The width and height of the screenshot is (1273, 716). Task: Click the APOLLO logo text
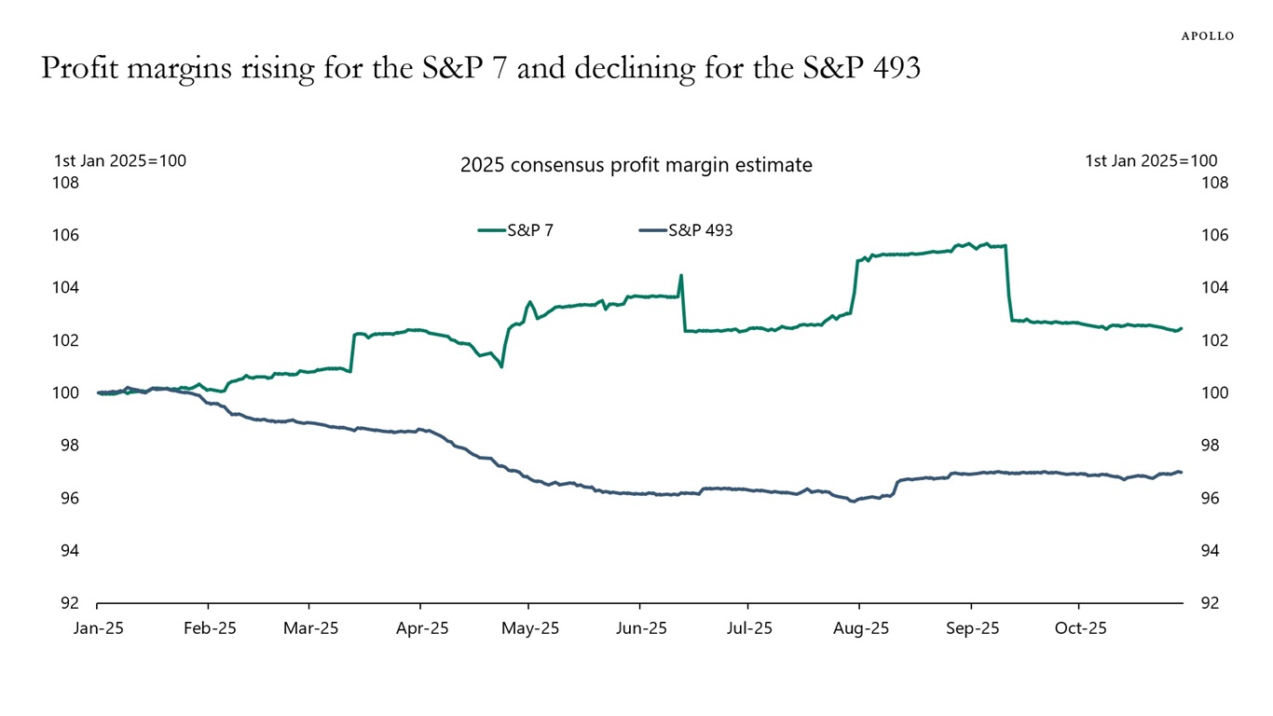1207,35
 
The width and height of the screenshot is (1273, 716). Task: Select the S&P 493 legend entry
700,229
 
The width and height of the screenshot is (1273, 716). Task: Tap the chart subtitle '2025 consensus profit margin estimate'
636,165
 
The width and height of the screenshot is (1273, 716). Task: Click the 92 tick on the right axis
1209,603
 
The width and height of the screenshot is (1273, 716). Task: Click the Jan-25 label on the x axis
98,628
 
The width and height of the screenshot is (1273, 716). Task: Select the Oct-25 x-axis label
1080,628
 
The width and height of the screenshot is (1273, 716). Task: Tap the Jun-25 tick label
641,628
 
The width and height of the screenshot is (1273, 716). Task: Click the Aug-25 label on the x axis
861,628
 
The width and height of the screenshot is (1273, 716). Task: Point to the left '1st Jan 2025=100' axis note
120,160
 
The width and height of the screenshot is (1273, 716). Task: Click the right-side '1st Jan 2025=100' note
1151,160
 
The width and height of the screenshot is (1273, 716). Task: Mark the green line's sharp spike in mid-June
681,276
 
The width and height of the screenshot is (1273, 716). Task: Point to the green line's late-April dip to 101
501,365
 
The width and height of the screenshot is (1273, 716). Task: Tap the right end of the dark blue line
1181,472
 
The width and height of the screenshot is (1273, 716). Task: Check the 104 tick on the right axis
1209,288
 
